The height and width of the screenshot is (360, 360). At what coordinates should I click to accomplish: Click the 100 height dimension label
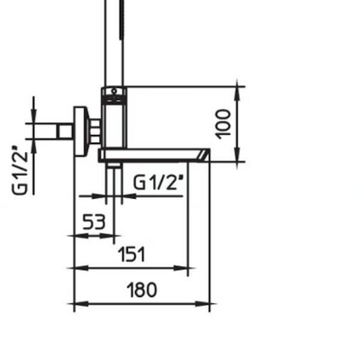[223, 124]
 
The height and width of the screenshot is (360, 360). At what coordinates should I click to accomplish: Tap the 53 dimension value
[94, 222]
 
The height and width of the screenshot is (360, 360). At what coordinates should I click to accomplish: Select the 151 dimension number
[131, 254]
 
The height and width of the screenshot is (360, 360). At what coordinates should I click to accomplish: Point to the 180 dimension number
[142, 290]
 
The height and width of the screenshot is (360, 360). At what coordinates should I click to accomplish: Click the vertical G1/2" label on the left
[21, 169]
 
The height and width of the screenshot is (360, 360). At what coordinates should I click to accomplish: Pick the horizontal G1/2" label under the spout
[157, 182]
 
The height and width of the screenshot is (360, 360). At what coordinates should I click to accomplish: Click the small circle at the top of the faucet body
[114, 91]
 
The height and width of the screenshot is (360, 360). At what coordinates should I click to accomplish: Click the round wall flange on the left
[81, 131]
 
